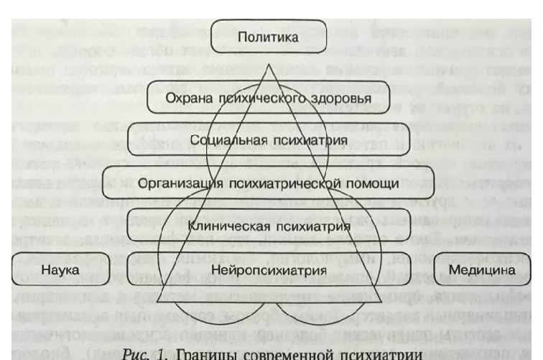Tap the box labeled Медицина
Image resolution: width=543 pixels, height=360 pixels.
point(488,271)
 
